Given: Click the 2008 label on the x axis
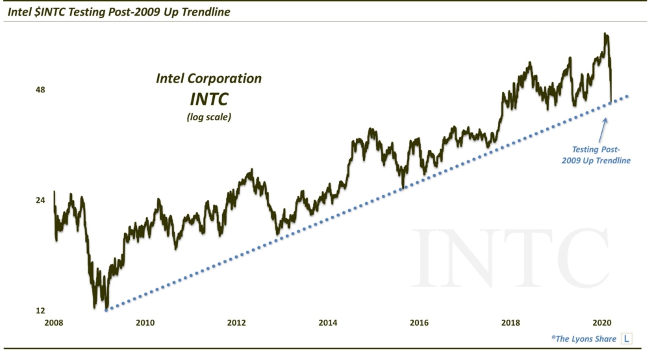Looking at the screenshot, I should click(x=53, y=322).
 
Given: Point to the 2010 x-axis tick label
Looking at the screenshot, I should click(x=145, y=322).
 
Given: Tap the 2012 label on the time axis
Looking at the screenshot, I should click(x=236, y=322).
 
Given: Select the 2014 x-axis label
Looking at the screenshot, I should click(x=329, y=322).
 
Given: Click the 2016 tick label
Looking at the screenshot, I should click(x=420, y=322).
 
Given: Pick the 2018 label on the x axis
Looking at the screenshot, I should click(x=512, y=322).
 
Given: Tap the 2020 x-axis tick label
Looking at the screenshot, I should click(x=604, y=322).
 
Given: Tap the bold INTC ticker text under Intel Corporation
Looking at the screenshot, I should click(x=208, y=101).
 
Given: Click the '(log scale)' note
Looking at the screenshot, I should click(x=208, y=118).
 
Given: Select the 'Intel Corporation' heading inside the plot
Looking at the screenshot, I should click(x=208, y=79).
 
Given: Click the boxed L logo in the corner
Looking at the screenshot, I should click(x=627, y=339).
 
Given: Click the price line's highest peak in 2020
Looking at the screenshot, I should click(x=605, y=34).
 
